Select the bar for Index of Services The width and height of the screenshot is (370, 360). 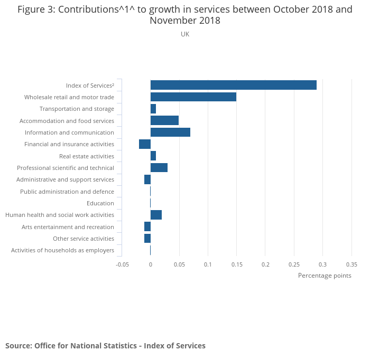click(x=233, y=85)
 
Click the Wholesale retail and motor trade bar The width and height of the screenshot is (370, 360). click(x=193, y=97)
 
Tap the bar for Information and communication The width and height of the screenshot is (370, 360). click(x=170, y=132)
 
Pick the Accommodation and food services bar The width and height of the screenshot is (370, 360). click(x=164, y=120)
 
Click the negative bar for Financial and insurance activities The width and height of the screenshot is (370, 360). click(x=145, y=144)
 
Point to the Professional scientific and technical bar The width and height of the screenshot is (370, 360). click(x=159, y=168)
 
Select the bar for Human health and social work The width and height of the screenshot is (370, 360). click(x=156, y=215)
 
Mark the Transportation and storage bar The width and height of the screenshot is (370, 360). click(x=153, y=109)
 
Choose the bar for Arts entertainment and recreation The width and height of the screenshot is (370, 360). click(x=147, y=226)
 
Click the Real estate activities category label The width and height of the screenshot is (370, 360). click(x=87, y=156)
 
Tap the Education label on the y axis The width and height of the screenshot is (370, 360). click(x=100, y=203)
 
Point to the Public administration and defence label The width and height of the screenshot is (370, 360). click(x=67, y=192)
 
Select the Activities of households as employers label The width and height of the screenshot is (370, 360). click(x=62, y=250)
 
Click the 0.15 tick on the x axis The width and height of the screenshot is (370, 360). click(x=236, y=264)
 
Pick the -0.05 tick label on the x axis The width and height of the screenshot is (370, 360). click(x=122, y=264)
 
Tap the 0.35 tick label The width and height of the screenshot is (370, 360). click(x=351, y=264)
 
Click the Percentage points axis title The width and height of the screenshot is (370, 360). click(x=325, y=276)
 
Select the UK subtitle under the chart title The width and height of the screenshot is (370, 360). click(x=185, y=34)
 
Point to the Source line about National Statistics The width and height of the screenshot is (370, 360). click(x=105, y=346)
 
